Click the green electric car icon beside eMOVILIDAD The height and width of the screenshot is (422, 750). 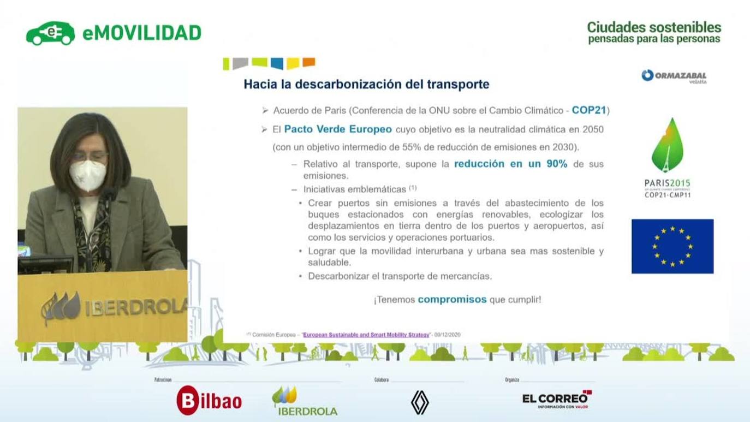50,33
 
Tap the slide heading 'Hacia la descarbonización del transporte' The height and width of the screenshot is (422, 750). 366,85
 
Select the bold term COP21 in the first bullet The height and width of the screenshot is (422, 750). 589,110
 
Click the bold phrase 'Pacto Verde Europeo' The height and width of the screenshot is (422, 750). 338,129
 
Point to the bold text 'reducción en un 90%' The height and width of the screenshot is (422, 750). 510,164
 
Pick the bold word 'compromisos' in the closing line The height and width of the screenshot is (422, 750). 452,300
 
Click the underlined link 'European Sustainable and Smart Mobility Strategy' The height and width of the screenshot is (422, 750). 366,335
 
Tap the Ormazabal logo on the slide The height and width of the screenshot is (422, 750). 674,76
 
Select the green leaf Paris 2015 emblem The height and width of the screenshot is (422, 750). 667,145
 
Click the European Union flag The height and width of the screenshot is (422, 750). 672,246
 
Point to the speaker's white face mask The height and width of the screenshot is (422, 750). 87,175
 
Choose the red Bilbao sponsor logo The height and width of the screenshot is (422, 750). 209,401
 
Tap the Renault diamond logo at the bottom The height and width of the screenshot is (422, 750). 420,402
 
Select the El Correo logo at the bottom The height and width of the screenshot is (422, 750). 557,400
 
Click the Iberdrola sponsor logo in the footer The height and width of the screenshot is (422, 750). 305,401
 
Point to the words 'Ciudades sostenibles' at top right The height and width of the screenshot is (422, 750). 654,27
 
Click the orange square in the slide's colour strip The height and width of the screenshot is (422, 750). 309,62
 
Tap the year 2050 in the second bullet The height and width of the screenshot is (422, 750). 592,129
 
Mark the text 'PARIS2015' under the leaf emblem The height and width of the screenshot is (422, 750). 667,183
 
